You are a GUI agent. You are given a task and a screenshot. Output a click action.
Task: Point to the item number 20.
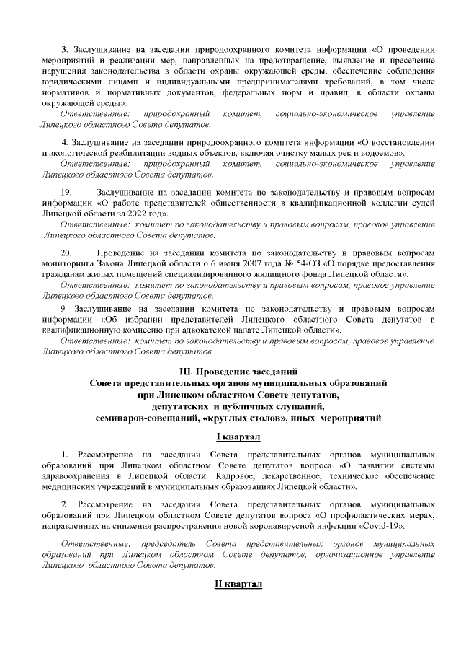(x=66, y=254)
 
